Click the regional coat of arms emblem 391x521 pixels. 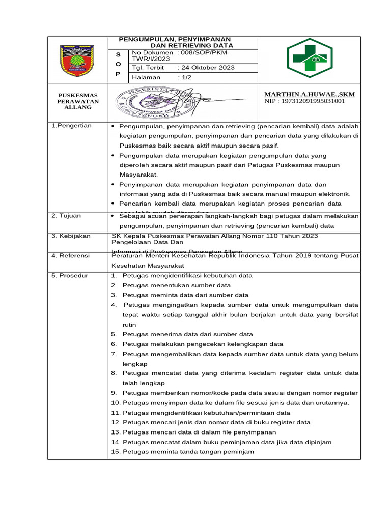77,61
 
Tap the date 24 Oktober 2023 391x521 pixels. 206,68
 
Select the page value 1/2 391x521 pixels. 185,77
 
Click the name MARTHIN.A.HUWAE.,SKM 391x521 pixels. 310,94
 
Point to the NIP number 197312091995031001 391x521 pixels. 304,101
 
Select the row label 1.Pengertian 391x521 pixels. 72,126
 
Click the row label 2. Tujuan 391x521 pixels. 66,216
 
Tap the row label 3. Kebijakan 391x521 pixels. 71,236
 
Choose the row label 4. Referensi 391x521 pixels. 71,256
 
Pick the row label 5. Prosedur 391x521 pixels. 70,276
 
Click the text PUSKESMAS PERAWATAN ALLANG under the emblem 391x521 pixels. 77,101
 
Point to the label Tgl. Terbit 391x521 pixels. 148,68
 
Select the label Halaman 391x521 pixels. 146,77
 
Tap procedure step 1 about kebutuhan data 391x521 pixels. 182,276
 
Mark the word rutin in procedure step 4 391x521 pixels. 129,325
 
